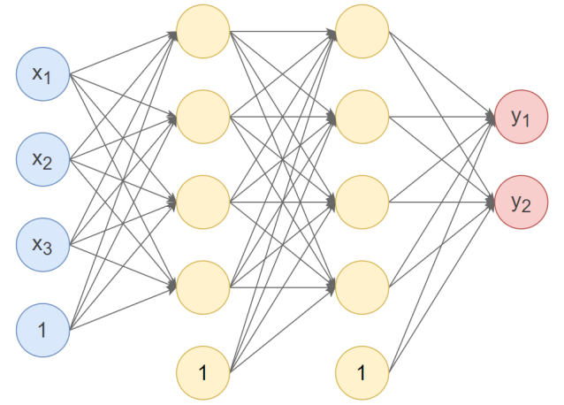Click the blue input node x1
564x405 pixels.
point(43,73)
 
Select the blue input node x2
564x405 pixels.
point(43,159)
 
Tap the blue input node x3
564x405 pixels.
point(43,245)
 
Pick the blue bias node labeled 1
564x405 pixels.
point(43,331)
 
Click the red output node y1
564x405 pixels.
point(521,117)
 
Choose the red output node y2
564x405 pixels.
point(521,202)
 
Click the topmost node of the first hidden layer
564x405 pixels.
point(203,32)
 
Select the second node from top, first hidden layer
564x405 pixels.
point(203,117)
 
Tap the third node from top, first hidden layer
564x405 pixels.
point(203,202)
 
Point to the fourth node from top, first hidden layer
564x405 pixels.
point(203,287)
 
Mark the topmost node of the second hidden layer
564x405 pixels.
point(362,32)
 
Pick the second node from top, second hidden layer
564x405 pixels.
point(362,117)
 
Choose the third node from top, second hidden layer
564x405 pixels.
point(362,202)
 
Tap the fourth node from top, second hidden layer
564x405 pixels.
point(362,287)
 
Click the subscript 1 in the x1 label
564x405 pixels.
point(49,80)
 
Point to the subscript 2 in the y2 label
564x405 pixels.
point(527,209)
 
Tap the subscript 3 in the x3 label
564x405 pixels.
point(49,251)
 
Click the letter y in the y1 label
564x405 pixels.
point(515,116)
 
